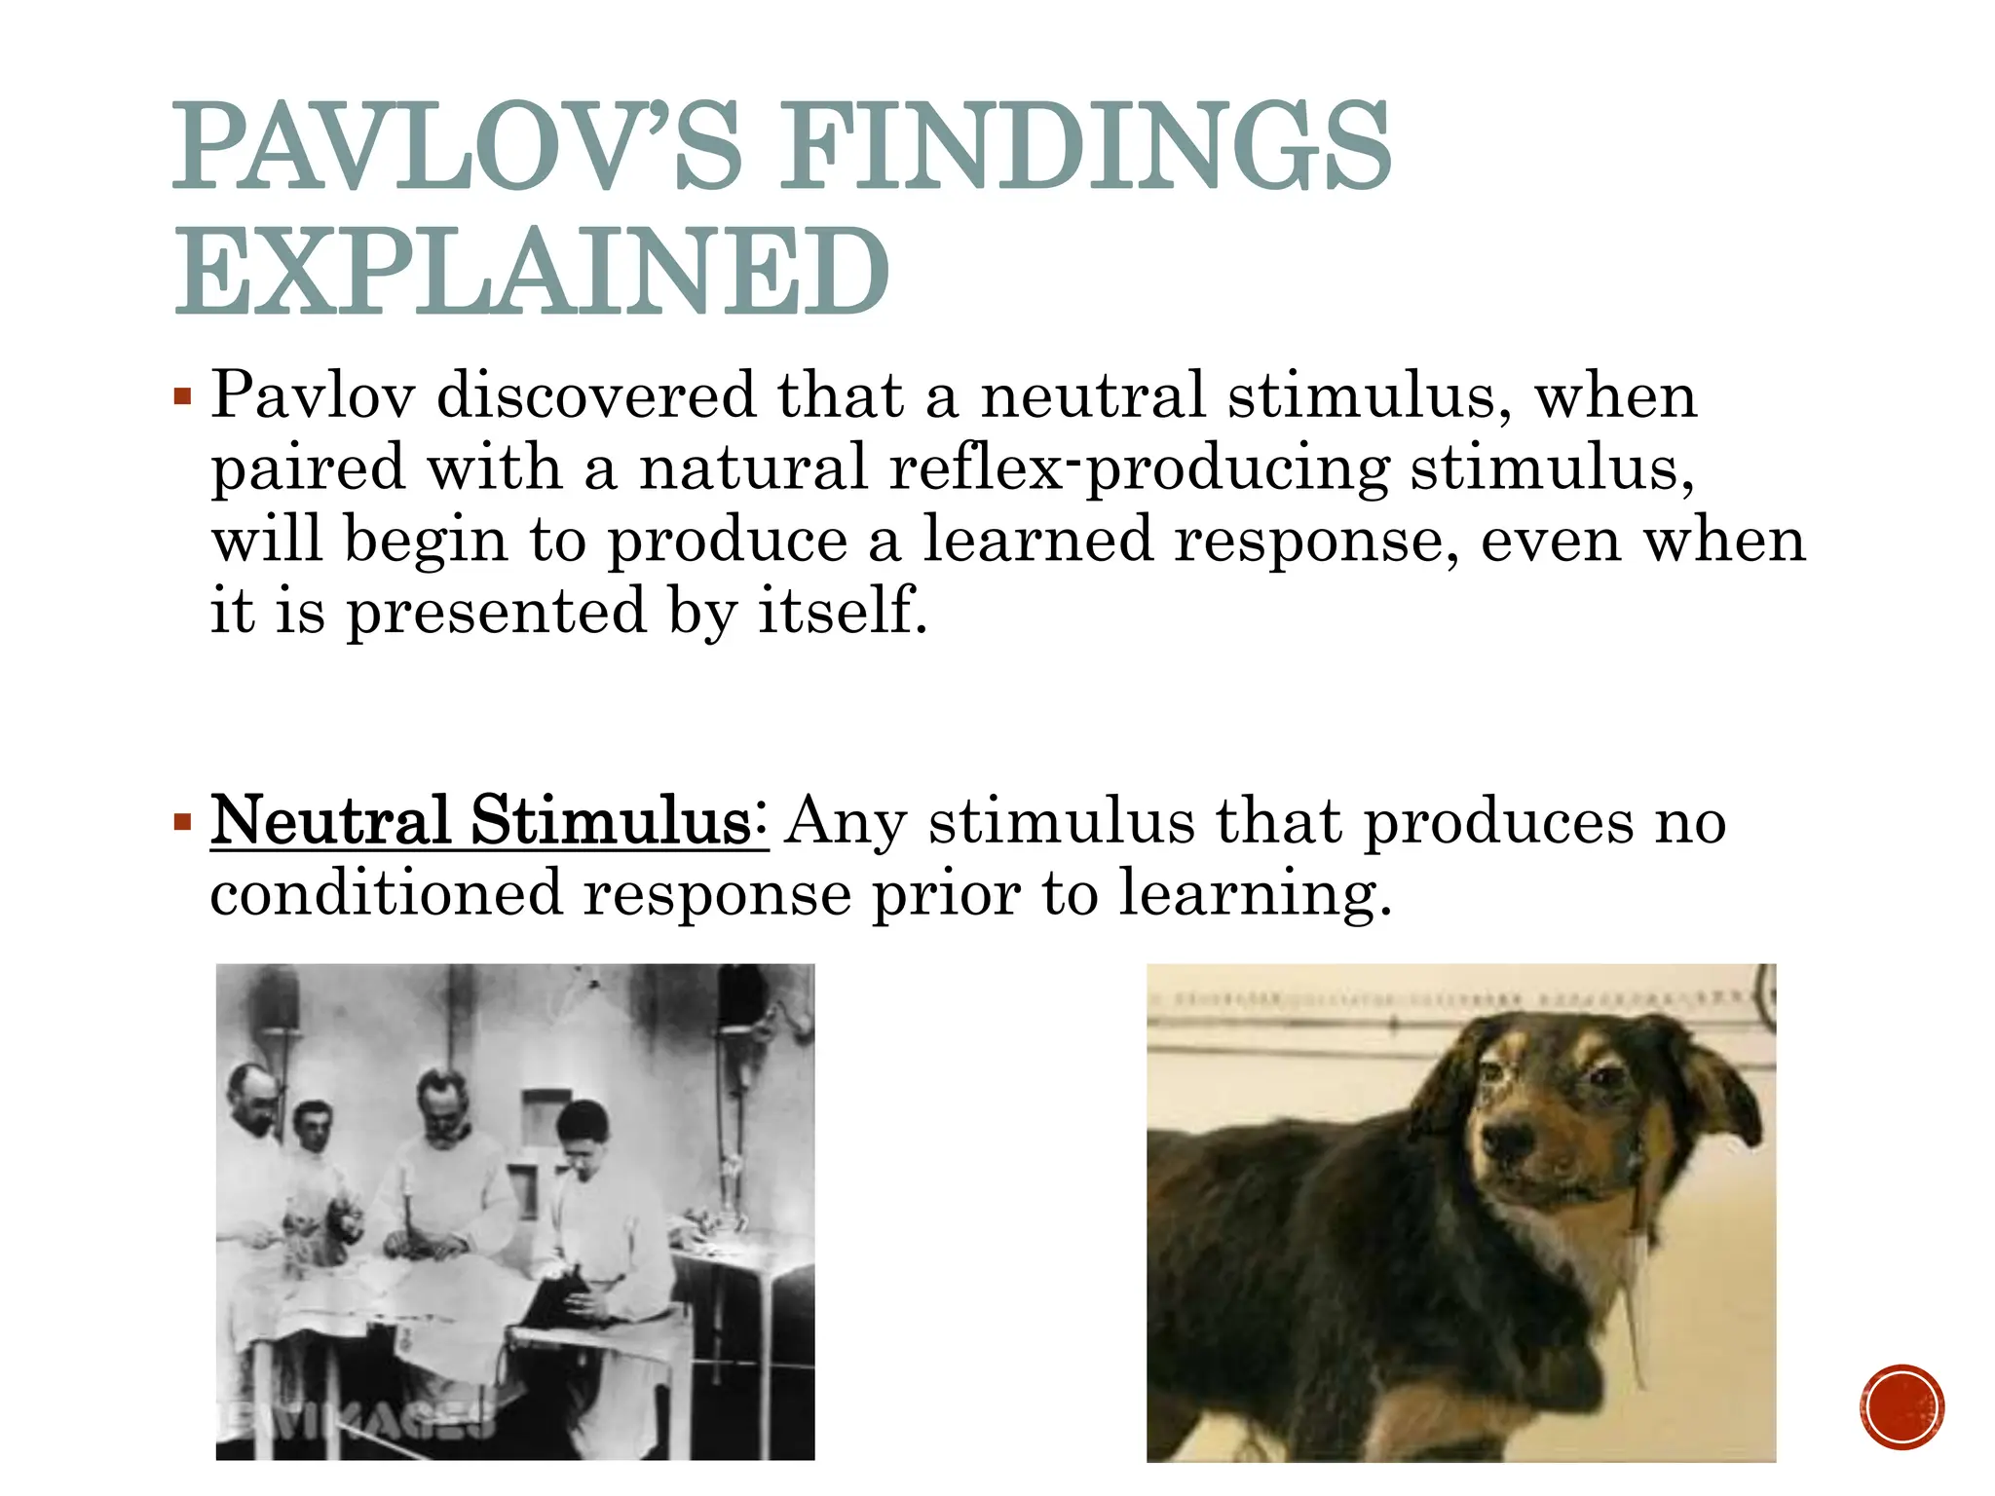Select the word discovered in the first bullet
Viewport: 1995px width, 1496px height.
[596, 395]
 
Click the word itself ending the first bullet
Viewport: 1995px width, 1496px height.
[842, 611]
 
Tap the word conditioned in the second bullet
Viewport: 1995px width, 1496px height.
[387, 892]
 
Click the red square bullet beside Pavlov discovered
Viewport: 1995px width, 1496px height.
[182, 397]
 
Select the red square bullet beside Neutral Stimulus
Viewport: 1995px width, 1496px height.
[182, 823]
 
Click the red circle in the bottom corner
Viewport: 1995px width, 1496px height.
[1901, 1407]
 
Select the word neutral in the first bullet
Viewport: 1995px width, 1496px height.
[1092, 395]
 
